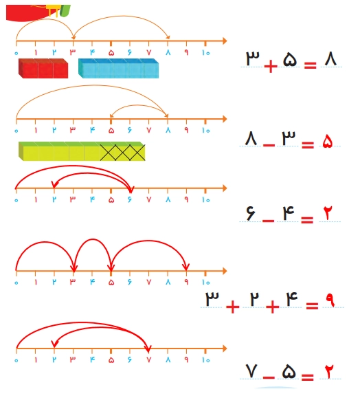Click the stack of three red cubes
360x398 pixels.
click(43, 68)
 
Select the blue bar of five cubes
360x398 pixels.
click(118, 68)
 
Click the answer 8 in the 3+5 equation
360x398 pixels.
click(330, 59)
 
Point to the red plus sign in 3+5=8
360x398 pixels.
click(271, 67)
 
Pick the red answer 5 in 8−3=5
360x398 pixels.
click(327, 141)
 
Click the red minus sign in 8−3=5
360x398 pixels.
click(269, 146)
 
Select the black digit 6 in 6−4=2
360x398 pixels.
click(251, 212)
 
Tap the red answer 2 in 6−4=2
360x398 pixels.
click(328, 213)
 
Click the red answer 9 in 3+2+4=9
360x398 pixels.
click(330, 300)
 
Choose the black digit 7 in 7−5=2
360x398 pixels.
click(251, 371)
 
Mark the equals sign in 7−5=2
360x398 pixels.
click(308, 377)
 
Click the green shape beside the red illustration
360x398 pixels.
click(65, 11)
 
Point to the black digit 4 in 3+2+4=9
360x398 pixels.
click(292, 299)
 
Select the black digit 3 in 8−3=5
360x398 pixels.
click(289, 138)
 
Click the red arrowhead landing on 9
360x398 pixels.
click(186, 267)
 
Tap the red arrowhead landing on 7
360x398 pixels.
click(148, 349)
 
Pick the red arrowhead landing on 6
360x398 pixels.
click(131, 189)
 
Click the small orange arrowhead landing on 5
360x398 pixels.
click(111, 116)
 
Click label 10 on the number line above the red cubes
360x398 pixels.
click(205, 53)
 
